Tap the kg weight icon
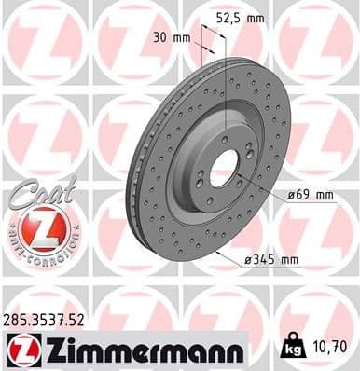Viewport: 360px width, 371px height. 293,348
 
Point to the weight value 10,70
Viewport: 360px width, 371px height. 331,348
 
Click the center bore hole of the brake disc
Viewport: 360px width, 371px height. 227,171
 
